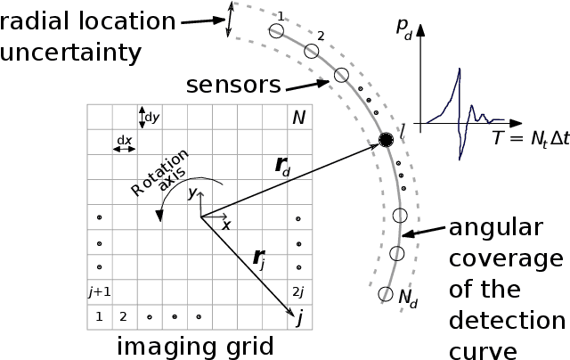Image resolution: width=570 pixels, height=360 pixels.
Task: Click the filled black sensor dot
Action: (x=386, y=140)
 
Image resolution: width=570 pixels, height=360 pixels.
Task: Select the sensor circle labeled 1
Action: (x=276, y=31)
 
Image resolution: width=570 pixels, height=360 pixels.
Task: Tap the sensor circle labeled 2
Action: (x=311, y=51)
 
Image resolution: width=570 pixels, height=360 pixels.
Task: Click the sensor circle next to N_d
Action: (x=386, y=293)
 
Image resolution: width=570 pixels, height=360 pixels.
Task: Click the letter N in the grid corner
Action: (x=298, y=118)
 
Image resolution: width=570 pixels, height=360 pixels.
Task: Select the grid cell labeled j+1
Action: (x=100, y=290)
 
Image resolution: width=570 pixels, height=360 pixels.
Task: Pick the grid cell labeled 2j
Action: (x=298, y=290)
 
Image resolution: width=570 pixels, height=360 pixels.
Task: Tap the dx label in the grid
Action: (x=124, y=140)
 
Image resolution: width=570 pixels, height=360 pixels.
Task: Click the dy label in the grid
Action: (x=151, y=117)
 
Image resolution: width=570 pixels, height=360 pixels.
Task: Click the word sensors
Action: (x=233, y=86)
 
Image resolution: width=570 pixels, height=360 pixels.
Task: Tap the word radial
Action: (x=42, y=20)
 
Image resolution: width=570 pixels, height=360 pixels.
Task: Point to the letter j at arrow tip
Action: (x=300, y=316)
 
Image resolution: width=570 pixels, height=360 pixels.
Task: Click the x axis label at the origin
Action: (x=225, y=225)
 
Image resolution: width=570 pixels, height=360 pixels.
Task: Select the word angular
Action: (x=495, y=227)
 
